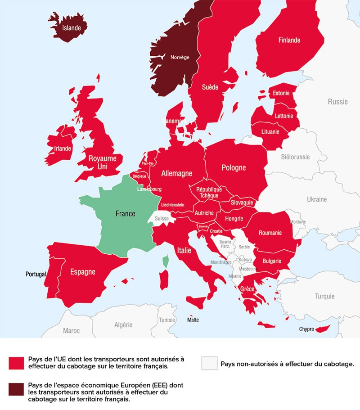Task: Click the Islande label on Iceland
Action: (x=72, y=28)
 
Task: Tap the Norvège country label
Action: (x=180, y=57)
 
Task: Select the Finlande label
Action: (x=289, y=40)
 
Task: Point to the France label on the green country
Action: (x=125, y=214)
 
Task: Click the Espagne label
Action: (x=82, y=272)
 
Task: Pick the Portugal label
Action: (x=36, y=274)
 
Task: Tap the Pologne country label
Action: (x=234, y=167)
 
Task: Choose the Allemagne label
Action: (x=177, y=173)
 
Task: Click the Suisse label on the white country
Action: (x=162, y=219)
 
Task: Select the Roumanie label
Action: (x=270, y=233)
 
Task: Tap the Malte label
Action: (x=193, y=320)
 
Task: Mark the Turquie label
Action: (x=324, y=296)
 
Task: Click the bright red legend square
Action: (x=16, y=363)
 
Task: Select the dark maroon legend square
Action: (x=16, y=389)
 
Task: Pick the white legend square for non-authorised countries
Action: (x=209, y=363)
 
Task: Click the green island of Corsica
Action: (x=165, y=260)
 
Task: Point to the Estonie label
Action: (x=282, y=93)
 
